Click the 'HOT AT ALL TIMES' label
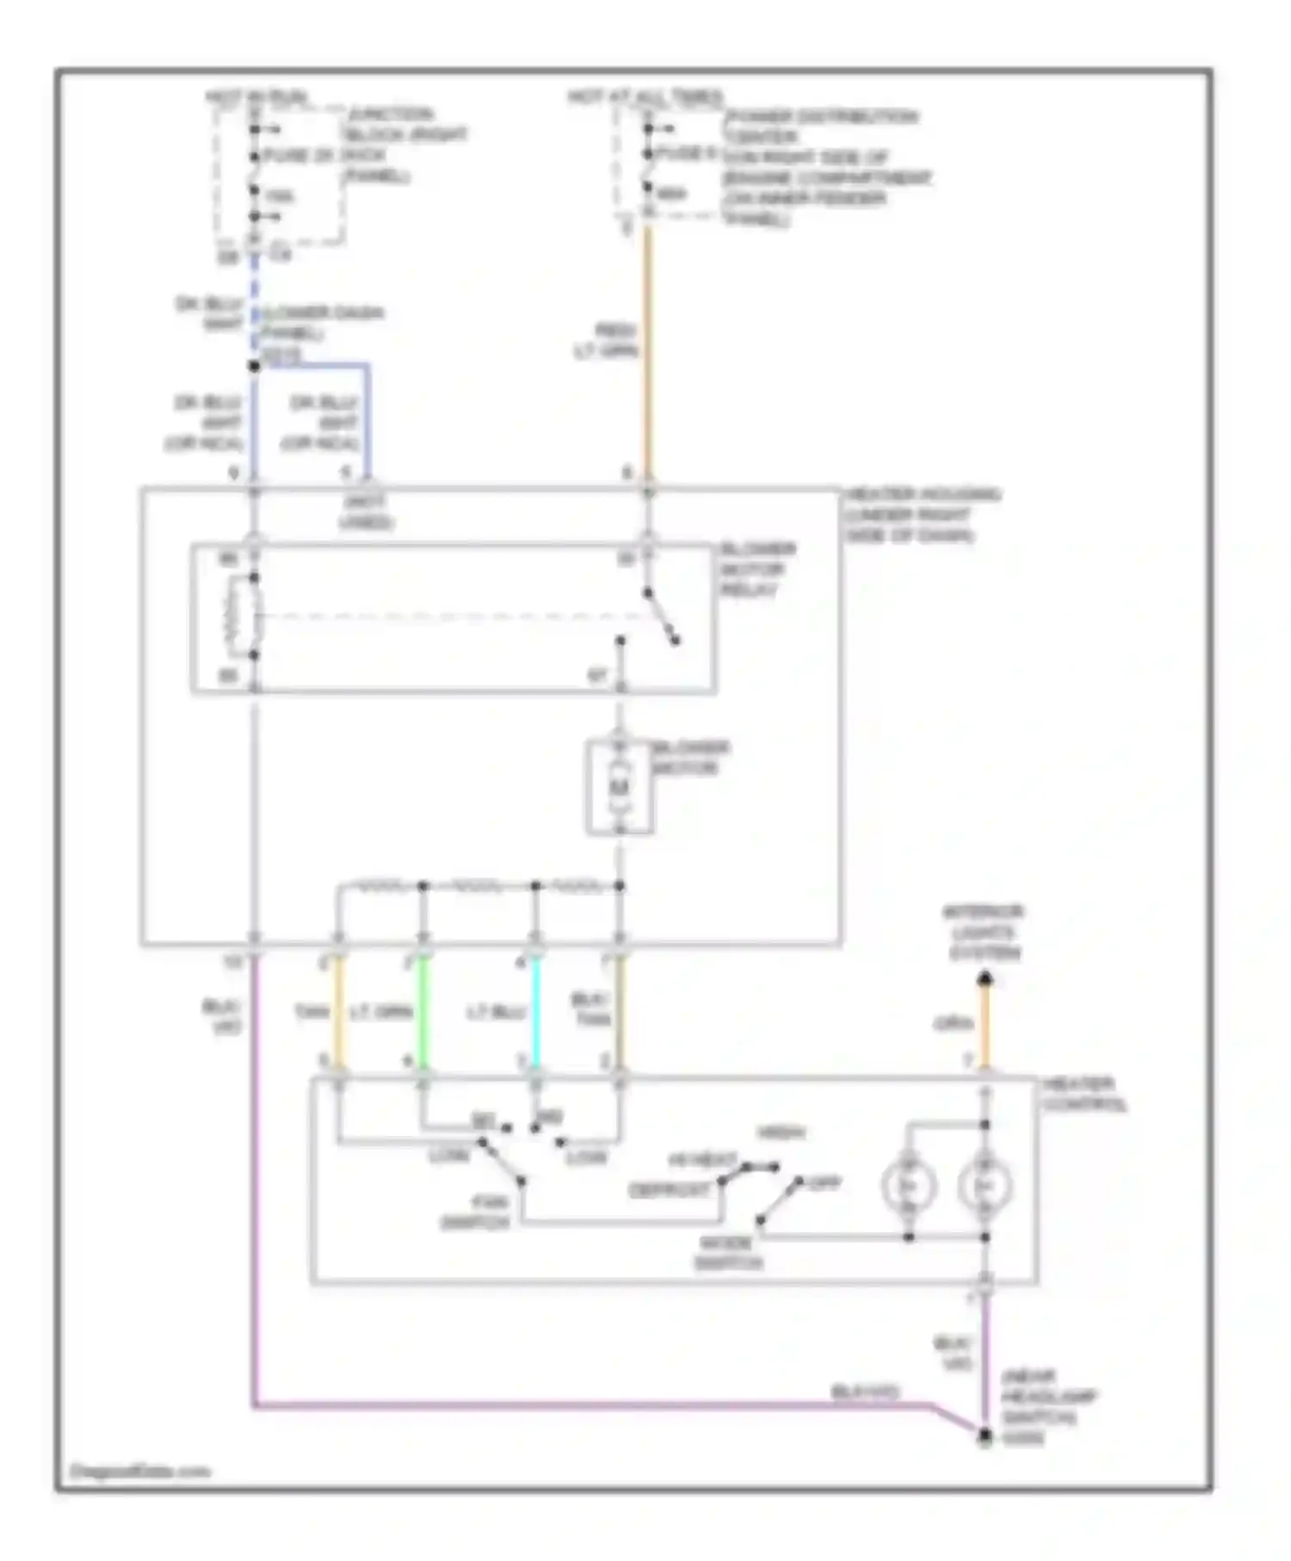coord(645,96)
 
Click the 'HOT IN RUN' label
coord(256,96)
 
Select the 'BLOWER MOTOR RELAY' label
coord(757,569)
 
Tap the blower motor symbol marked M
coord(620,787)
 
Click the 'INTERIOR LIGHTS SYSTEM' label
coord(984,932)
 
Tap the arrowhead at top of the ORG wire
coord(985,978)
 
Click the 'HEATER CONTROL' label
coord(1084,1094)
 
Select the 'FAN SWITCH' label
coord(475,1212)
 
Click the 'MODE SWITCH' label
coord(728,1253)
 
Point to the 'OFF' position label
coord(825,1183)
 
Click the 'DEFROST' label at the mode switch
coord(670,1189)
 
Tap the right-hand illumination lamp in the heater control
coord(985,1187)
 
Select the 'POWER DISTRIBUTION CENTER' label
coord(820,126)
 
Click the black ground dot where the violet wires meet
coord(985,1436)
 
